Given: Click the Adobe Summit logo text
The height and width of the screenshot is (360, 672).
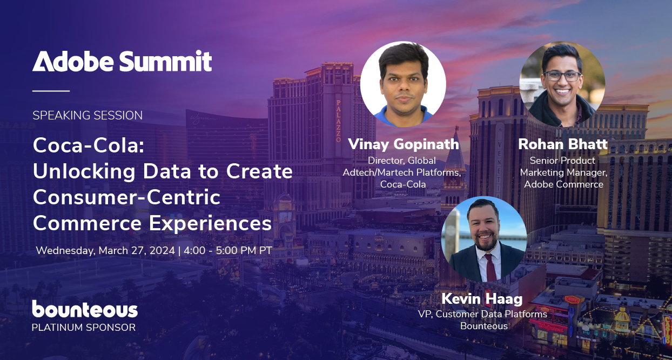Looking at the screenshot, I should pos(122,61).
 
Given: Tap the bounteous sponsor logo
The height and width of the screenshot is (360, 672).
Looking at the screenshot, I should pos(85,309).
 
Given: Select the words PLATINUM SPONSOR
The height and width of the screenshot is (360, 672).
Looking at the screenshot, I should pos(84,327).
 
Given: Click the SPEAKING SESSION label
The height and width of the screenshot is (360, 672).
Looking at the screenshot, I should pos(88,115).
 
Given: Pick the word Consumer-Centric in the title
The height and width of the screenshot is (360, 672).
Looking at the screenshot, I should pos(126,197).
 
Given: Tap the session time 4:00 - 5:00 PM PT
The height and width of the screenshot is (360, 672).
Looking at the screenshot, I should pos(227,251).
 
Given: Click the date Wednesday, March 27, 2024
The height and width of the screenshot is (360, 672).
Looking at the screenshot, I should pos(105,251).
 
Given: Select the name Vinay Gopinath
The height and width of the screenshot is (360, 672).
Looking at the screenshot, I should pos(403,144).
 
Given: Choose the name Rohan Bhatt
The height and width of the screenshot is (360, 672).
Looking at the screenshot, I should pos(562,144).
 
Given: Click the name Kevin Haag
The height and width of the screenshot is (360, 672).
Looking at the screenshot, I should pos(482,298).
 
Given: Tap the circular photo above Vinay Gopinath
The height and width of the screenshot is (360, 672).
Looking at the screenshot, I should pos(403,84).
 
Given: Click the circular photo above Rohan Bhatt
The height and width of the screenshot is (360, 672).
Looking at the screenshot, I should pos(562,84).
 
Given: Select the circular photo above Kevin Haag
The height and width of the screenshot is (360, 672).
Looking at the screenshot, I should pos(484,239).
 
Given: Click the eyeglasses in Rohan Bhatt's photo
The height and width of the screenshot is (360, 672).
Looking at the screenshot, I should pos(562,76).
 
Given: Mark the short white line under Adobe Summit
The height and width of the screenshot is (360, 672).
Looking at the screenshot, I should pos(51,91).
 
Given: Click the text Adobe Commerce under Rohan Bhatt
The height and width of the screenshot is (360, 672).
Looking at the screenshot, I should pos(563,184).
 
